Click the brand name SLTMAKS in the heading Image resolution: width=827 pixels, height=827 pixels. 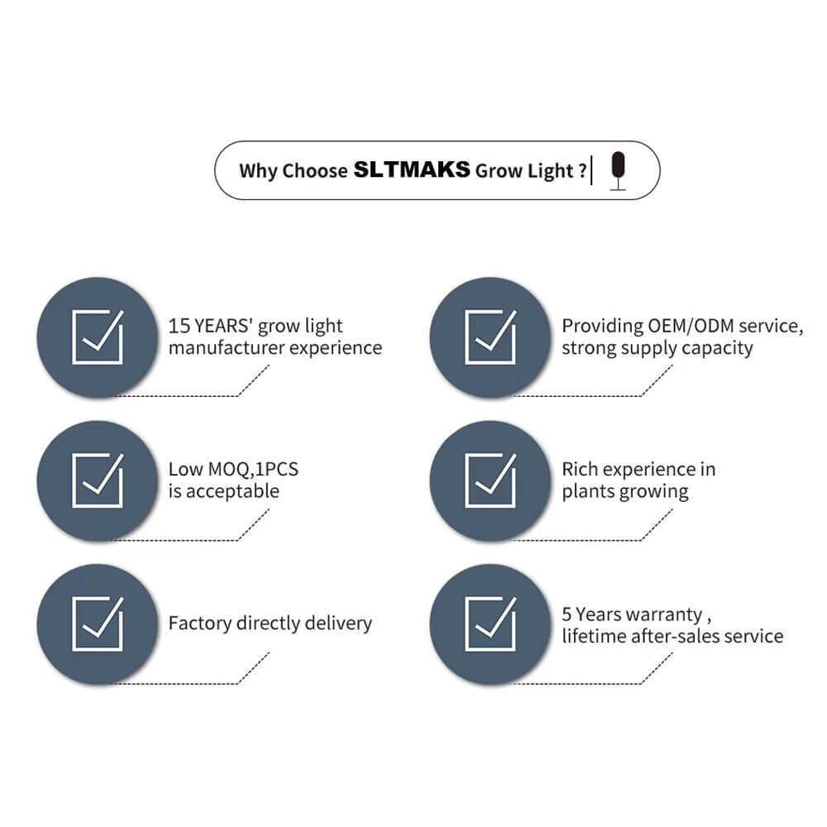[411, 170]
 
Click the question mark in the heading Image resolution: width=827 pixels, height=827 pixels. [582, 170]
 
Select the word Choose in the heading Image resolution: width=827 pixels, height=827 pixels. [315, 171]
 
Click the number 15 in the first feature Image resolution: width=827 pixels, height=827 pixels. [179, 326]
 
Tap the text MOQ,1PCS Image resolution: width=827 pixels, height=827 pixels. [253, 470]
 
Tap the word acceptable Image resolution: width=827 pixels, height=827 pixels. [232, 491]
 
